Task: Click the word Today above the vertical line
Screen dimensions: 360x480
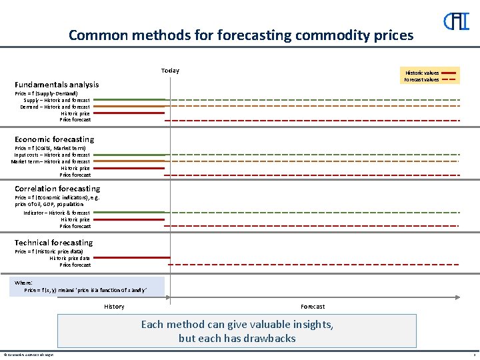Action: point(170,71)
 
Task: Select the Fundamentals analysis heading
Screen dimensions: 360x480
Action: point(57,85)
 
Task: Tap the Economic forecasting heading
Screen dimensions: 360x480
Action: point(55,139)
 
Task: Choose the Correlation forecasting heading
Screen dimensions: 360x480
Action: point(57,189)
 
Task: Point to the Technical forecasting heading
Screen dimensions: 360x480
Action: point(54,243)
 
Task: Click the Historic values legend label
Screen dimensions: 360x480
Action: point(421,73)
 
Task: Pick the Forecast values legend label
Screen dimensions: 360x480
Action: point(421,80)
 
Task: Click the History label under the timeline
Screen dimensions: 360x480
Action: point(114,307)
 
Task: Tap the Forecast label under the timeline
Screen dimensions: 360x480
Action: point(313,307)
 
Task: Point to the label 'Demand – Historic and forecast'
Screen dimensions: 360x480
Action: point(55,107)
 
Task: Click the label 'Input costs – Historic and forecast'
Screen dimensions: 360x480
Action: point(52,155)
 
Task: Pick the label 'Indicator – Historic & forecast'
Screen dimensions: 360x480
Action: point(57,213)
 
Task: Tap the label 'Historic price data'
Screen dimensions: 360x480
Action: point(70,258)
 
